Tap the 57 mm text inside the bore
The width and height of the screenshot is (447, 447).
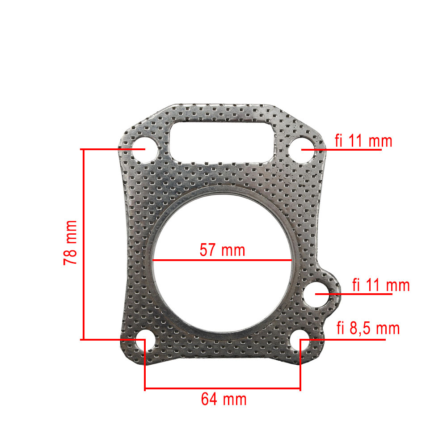(222, 250)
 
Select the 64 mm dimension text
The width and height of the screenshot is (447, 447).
(223, 399)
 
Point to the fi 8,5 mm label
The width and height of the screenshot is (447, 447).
(368, 329)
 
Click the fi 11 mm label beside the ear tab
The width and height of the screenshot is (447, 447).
(381, 285)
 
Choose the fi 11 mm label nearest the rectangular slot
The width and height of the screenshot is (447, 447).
(363, 141)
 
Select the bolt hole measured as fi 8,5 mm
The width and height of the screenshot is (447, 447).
(303, 341)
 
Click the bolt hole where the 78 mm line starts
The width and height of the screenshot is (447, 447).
(142, 149)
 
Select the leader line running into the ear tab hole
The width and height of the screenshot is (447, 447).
(358, 294)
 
